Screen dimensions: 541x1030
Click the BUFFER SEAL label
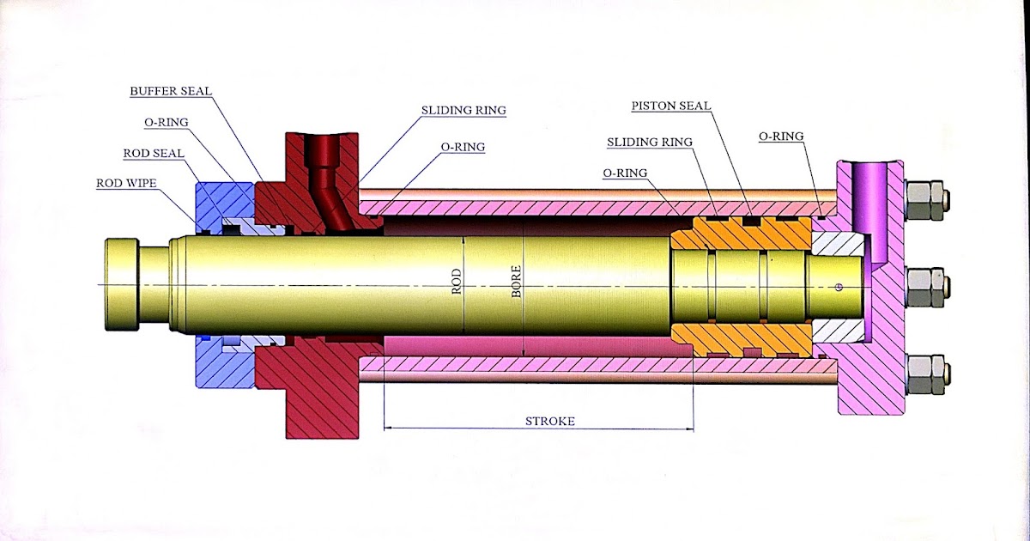tap(171, 90)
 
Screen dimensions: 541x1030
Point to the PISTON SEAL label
tap(671, 106)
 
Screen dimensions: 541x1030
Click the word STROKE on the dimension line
tap(549, 421)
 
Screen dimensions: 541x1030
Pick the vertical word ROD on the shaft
tap(457, 282)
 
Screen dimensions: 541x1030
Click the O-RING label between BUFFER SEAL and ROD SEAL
tap(167, 122)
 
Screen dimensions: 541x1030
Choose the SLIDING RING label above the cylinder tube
tap(463, 110)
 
